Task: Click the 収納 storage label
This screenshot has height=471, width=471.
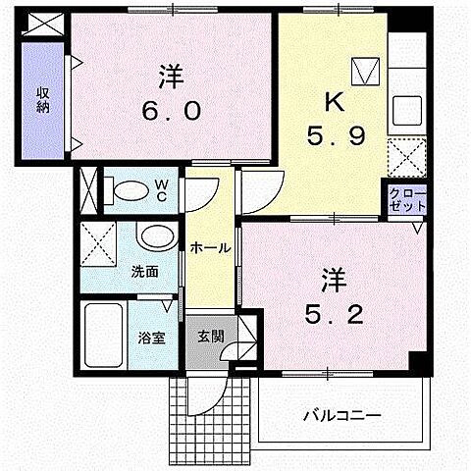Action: [x=42, y=100]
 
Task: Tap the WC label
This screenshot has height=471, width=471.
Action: [x=161, y=191]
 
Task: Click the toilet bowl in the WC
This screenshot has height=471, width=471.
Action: [x=128, y=190]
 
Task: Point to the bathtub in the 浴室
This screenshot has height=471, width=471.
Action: [x=103, y=336]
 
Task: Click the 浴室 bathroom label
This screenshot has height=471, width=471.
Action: [x=151, y=339]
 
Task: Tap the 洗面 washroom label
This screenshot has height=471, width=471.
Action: [x=145, y=272]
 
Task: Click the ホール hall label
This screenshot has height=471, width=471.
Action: [x=210, y=248]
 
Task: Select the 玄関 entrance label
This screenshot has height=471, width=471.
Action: [x=211, y=337]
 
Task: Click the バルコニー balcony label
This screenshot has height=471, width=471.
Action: [x=342, y=416]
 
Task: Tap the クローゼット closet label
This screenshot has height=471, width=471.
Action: [x=408, y=199]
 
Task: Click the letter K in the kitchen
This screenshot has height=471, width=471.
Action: [x=335, y=102]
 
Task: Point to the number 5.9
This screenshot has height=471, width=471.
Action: [x=336, y=136]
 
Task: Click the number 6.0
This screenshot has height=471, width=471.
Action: [x=172, y=110]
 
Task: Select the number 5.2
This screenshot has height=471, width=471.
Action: [x=334, y=315]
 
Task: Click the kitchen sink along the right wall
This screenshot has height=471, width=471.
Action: [x=407, y=110]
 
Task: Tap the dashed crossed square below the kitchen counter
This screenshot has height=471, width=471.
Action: [x=407, y=158]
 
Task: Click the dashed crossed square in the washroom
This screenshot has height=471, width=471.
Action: [x=98, y=243]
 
